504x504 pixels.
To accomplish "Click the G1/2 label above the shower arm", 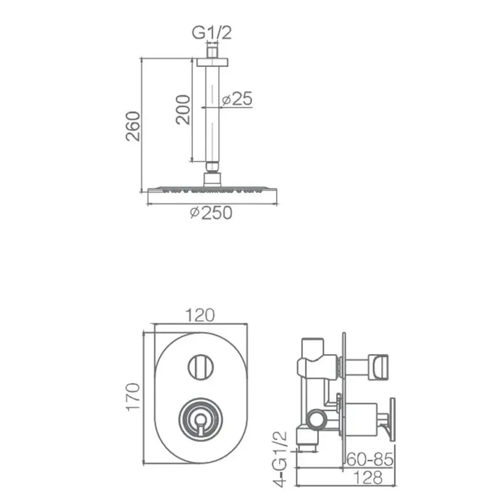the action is tap(211, 33).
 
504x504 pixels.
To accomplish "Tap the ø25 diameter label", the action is tap(237, 99).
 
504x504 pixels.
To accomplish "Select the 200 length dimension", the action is tap(183, 109).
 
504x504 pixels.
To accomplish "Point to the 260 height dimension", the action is tap(133, 126).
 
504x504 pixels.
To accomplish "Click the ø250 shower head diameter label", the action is tap(211, 213).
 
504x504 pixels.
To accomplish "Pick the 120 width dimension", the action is tap(200, 315).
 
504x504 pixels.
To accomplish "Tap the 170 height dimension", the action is tap(133, 396).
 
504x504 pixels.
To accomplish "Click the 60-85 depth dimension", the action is tap(370, 459).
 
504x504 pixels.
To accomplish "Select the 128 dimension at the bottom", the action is tap(368, 478).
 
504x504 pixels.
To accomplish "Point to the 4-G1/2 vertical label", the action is tap(279, 459).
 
